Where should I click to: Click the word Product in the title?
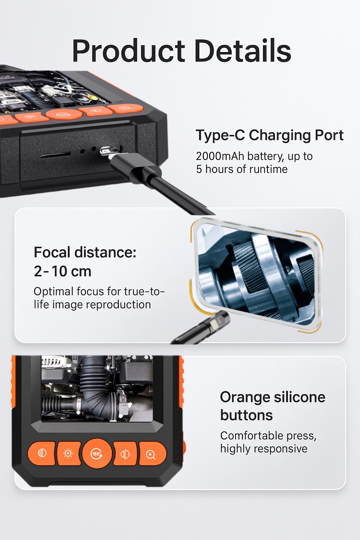tap(129, 51)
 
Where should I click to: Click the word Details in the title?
tap(243, 51)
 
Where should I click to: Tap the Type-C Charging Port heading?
tap(270, 135)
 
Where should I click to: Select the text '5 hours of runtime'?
tap(242, 169)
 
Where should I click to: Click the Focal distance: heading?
tap(85, 252)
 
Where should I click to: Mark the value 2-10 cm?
tap(63, 271)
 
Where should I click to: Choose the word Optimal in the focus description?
tap(53, 292)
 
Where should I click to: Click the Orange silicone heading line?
tap(273, 397)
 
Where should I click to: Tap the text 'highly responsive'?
tap(264, 449)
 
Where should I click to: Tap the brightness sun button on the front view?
tap(69, 453)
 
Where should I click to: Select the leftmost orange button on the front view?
tap(41, 453)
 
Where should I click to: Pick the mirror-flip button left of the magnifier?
tap(125, 454)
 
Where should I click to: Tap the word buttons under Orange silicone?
tap(246, 415)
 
